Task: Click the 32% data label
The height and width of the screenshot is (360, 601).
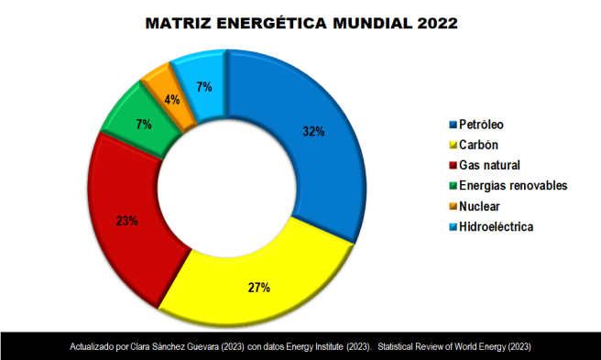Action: click(314, 131)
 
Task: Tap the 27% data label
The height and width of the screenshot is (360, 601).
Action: click(259, 288)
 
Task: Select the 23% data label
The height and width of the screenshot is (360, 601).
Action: click(126, 220)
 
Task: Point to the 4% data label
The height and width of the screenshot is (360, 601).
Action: click(172, 98)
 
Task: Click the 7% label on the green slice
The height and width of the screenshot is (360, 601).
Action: click(143, 124)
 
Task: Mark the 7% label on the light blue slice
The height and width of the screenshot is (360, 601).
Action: click(204, 87)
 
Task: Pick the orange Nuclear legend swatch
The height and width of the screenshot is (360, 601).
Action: click(452, 206)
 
